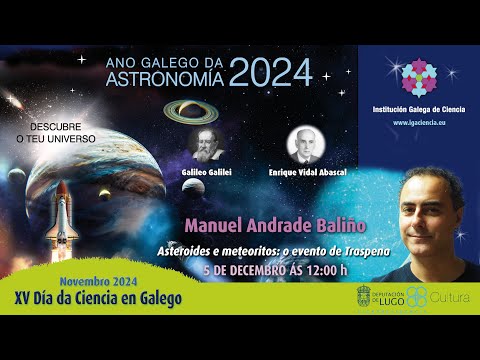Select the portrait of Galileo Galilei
(206, 144)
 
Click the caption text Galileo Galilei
(206, 172)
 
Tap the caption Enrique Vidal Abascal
(306, 172)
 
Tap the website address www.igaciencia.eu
(420, 122)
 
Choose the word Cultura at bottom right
(450, 297)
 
